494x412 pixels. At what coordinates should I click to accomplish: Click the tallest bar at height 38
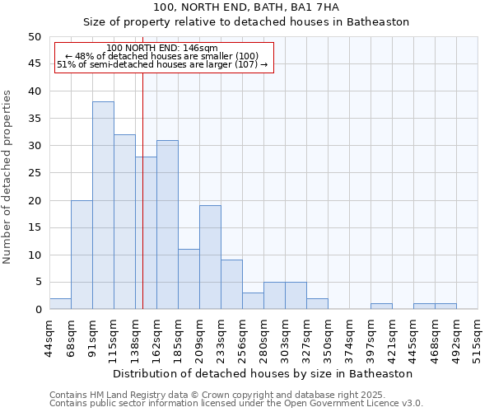coord(103,205)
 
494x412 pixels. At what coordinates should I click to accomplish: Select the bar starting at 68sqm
coord(82,255)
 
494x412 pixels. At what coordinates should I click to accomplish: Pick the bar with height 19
coord(210,257)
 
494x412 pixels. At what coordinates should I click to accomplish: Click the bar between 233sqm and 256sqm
coord(231,284)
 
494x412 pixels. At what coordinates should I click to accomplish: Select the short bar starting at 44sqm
coord(60,304)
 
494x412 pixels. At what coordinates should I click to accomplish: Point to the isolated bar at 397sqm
coord(381,307)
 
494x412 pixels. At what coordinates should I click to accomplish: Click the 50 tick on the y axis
coord(34,37)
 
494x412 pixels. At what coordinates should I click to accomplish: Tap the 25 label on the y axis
coord(34,173)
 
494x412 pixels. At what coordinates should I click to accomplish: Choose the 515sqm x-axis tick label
coord(478,338)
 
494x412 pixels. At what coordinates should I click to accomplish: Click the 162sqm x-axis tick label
coord(156,338)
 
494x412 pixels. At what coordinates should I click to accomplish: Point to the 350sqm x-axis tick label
coord(328,338)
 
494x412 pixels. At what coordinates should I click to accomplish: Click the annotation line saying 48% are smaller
coord(162,56)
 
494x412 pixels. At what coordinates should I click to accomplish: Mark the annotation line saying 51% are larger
coord(162,64)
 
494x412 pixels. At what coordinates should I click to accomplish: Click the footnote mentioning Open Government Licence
coord(236,404)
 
